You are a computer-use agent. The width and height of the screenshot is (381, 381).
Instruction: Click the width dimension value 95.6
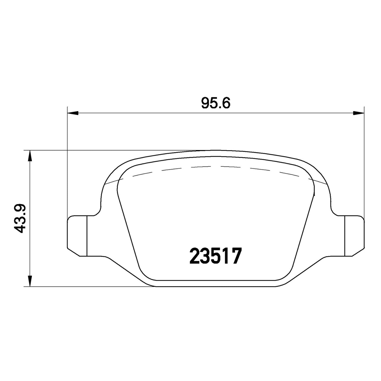click(216, 103)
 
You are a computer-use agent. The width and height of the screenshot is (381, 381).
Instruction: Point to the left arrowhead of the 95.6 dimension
click(73, 113)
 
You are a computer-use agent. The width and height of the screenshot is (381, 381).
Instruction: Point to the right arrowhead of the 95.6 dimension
click(359, 113)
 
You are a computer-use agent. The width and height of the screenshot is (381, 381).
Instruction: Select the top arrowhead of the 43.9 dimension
click(30, 156)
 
